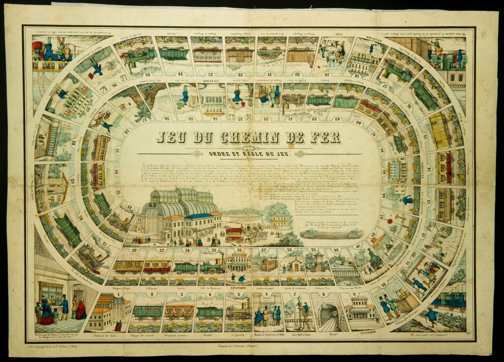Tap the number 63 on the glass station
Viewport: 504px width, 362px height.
click(153, 204)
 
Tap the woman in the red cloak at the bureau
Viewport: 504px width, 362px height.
click(81, 310)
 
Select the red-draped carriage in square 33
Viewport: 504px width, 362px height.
click(157, 266)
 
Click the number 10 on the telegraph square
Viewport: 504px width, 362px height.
click(383, 283)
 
